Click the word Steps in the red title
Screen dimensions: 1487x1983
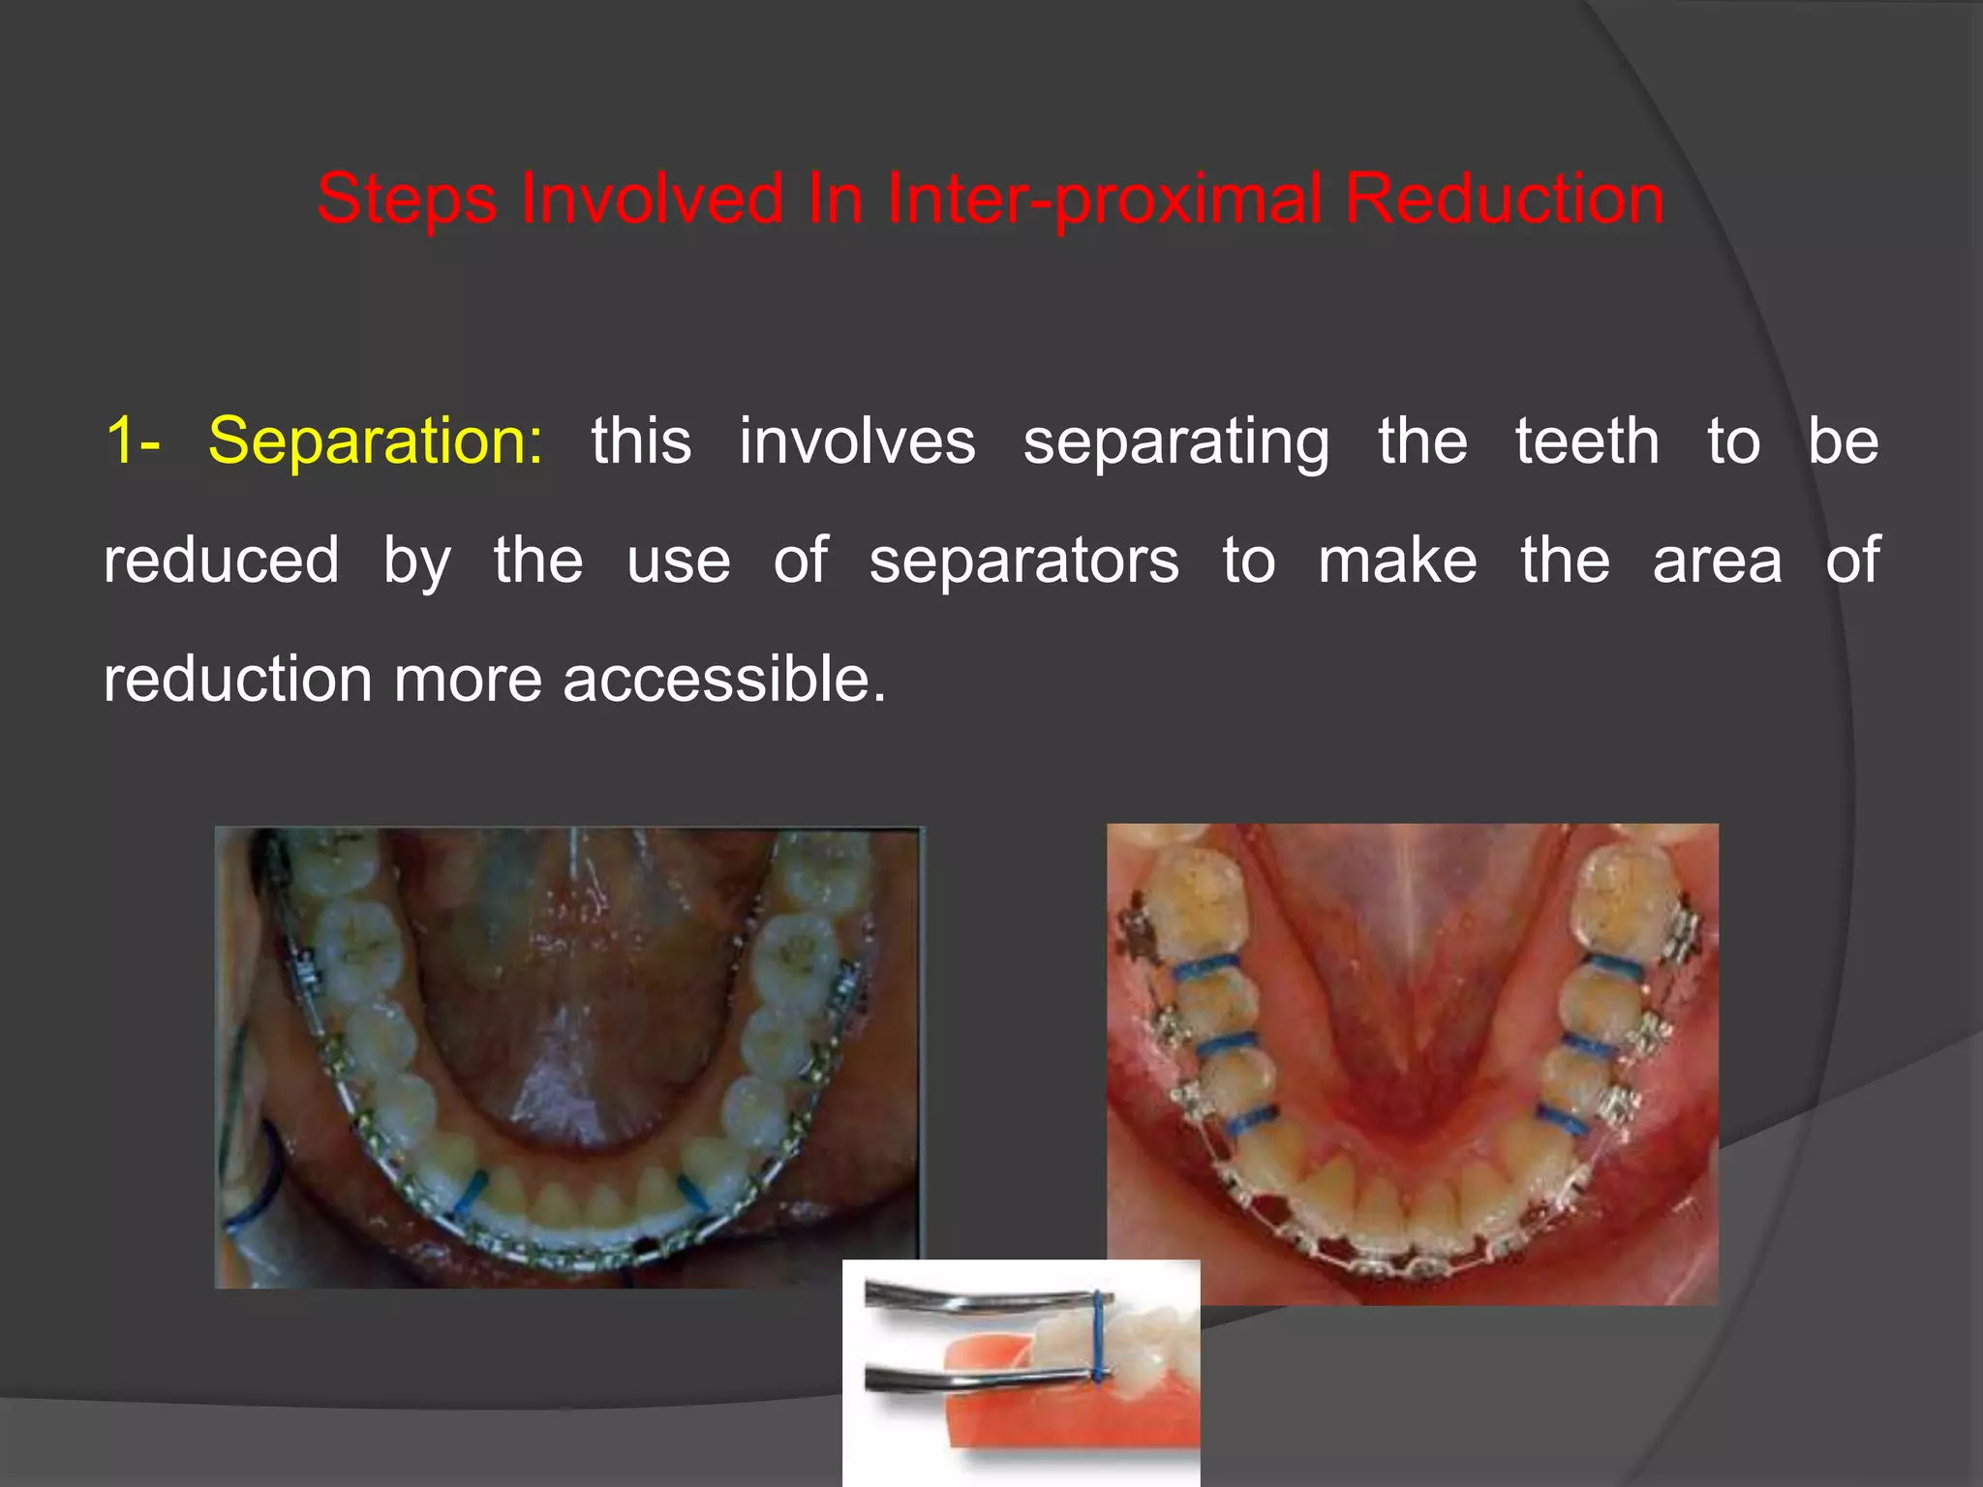pyautogui.click(x=407, y=198)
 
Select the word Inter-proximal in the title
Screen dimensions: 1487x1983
pyautogui.click(x=1104, y=198)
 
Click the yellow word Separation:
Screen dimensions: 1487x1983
pyautogui.click(x=376, y=441)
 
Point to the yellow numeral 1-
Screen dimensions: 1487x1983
pyautogui.click(x=133, y=441)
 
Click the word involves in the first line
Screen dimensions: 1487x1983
pyautogui.click(x=857, y=441)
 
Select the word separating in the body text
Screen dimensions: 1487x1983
pyautogui.click(x=1176, y=441)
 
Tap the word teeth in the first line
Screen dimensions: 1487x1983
pyautogui.click(x=1587, y=441)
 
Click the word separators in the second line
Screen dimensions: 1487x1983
pyautogui.click(x=1023, y=561)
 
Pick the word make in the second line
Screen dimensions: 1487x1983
pyautogui.click(x=1397, y=561)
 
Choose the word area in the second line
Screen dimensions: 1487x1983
pyautogui.click(x=1717, y=561)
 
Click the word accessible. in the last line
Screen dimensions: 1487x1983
pyautogui.click(x=724, y=680)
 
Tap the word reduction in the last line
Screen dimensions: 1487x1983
pyautogui.click(x=237, y=680)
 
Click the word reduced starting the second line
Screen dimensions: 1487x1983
pyautogui.click(x=222, y=561)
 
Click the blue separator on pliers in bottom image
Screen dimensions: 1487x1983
pyautogui.click(x=1098, y=1336)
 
